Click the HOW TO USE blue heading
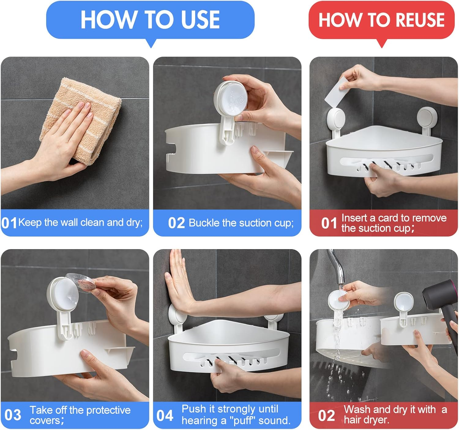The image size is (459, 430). (150, 20)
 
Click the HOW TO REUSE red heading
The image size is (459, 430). (381, 20)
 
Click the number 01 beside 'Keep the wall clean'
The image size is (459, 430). (9, 223)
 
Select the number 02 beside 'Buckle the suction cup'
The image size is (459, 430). (176, 223)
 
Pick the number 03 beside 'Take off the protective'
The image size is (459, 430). (13, 415)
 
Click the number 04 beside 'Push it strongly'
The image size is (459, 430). (165, 415)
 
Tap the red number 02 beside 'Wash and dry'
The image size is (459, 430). (326, 416)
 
